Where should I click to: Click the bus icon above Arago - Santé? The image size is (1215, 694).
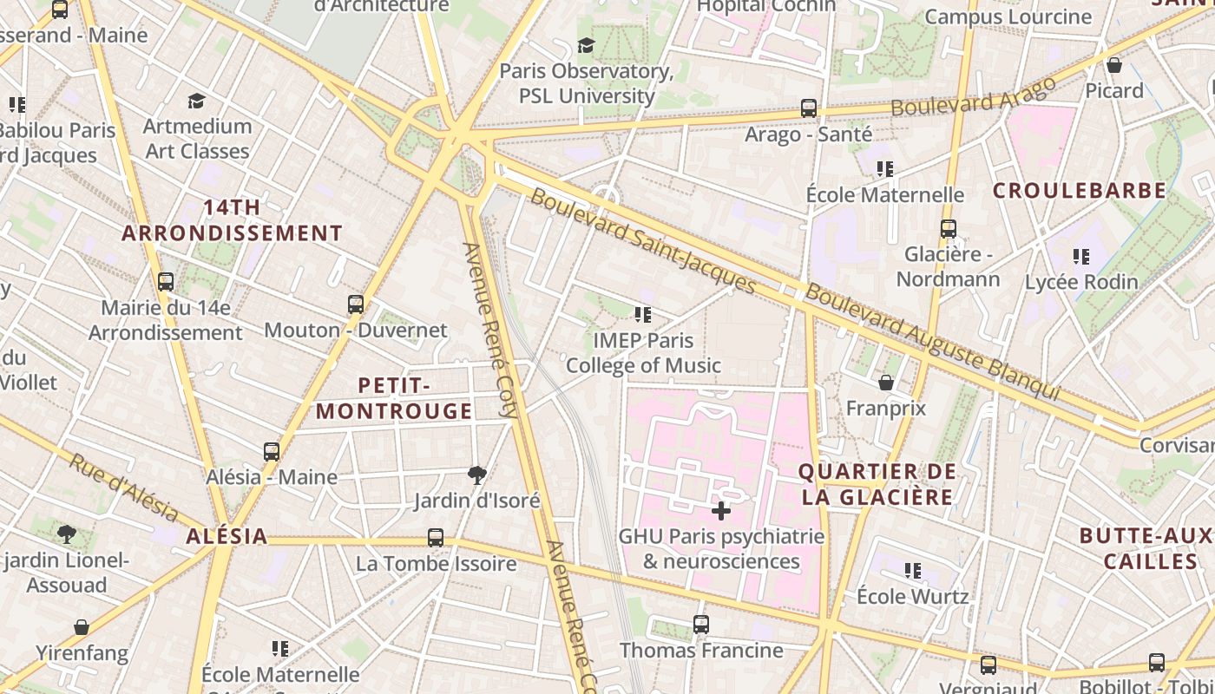tap(808, 108)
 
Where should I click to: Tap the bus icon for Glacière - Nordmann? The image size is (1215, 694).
tap(948, 229)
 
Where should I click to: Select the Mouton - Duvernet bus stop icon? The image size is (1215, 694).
tap(356, 304)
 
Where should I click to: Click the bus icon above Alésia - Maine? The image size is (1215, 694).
tap(272, 451)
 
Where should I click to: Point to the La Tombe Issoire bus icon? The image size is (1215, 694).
tap(436, 538)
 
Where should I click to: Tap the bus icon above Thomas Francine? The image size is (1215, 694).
tap(701, 624)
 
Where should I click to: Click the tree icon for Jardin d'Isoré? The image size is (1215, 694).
tap(476, 475)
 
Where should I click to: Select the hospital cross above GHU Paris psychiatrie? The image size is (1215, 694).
tap(720, 510)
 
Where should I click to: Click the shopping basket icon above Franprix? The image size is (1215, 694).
tap(886, 382)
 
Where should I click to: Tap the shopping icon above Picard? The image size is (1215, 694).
tap(1114, 65)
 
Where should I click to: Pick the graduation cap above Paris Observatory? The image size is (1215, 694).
tap(587, 45)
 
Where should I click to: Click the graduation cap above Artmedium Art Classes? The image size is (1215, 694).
tap(197, 101)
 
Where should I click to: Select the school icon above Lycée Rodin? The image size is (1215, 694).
tap(1080, 256)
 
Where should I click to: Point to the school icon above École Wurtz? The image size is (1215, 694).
tap(912, 570)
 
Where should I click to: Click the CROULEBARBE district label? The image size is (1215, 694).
tap(1079, 191)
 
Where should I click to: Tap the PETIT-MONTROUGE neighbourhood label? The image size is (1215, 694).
tap(394, 398)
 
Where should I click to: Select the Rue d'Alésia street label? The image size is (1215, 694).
tap(123, 488)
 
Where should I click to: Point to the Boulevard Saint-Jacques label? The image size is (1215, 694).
tap(643, 240)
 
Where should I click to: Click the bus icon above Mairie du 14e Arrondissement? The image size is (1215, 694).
tap(166, 282)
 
